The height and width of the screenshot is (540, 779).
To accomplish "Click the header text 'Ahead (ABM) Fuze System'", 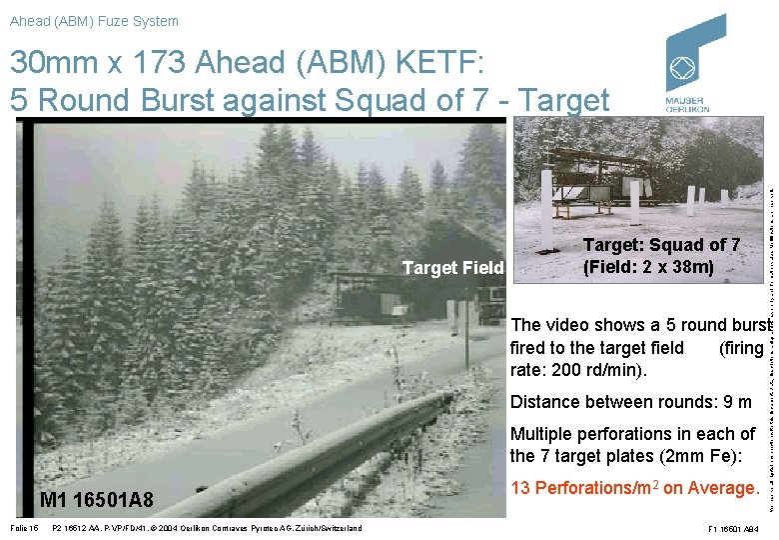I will coord(94,21).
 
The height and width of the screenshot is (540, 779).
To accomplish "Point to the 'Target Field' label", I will coord(453,267).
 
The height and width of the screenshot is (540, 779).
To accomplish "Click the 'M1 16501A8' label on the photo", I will coord(97,499).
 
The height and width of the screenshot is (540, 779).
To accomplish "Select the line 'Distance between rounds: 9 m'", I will coord(630,402).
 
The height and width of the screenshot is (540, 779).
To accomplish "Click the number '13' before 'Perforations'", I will coord(521,488).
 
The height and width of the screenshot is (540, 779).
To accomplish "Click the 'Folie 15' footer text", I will coord(21,528).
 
